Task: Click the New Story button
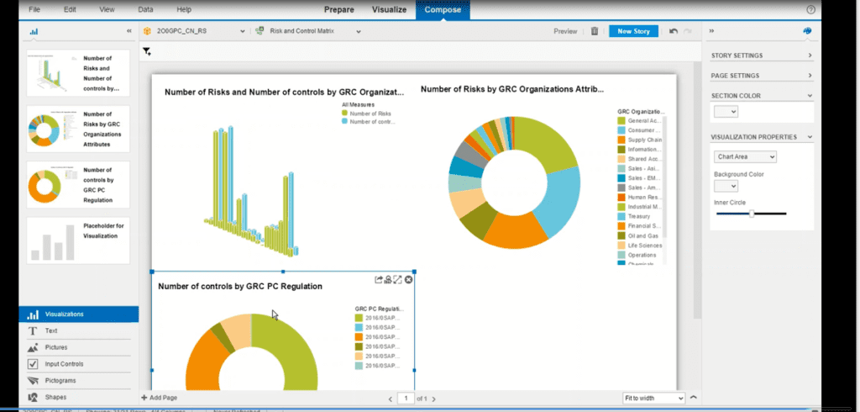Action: pos(633,31)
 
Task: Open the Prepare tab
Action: pos(338,10)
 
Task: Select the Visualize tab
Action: pos(389,10)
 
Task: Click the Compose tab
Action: pos(442,10)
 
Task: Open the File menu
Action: pos(34,9)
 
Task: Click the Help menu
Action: pos(184,9)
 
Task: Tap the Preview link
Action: pos(565,31)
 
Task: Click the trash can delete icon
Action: pos(595,31)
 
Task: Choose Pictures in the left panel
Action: pos(57,347)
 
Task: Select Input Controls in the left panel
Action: pos(64,363)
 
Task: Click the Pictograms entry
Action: pos(62,380)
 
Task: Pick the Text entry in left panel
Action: pos(51,331)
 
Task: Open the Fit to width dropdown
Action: pos(653,398)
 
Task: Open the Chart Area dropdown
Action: pos(745,156)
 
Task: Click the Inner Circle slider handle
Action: pos(752,214)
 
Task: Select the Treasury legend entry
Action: pos(638,216)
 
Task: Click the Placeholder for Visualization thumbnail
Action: pos(78,239)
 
